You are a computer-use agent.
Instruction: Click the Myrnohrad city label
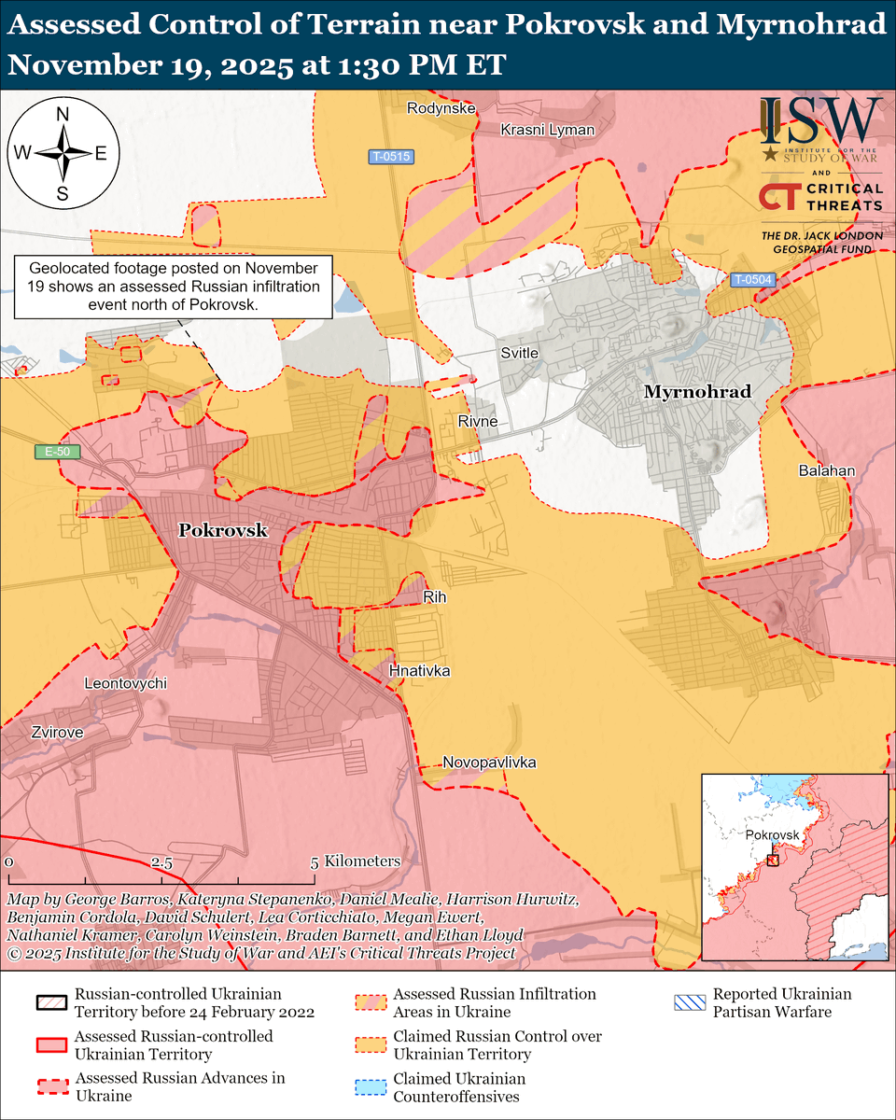697,392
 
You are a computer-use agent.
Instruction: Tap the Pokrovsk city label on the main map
223,530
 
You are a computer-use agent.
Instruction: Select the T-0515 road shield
389,157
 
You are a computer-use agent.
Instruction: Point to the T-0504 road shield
751,278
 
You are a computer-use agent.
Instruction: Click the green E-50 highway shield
58,453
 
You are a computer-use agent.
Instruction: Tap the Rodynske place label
441,108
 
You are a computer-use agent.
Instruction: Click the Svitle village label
519,353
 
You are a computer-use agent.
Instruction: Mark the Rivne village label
477,422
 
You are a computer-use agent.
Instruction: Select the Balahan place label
826,470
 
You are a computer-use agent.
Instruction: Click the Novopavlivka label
489,763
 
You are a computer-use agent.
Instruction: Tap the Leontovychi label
125,682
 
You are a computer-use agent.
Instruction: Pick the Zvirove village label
56,733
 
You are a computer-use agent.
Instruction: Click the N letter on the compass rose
63,115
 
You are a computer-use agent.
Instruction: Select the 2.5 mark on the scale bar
161,861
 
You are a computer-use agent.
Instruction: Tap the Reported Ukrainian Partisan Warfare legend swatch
689,1003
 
